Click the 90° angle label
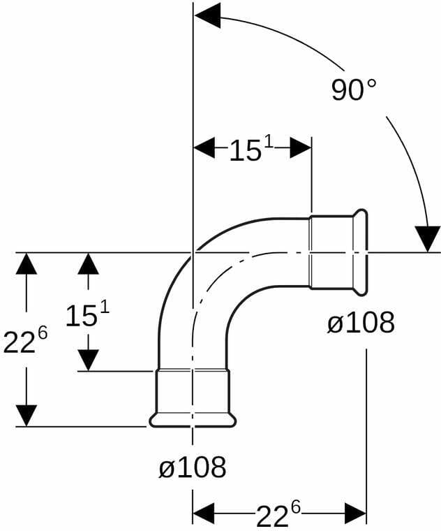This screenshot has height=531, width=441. [x=353, y=89]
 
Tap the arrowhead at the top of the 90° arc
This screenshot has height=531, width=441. [x=207, y=15]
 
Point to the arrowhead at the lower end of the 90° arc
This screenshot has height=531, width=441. [x=428, y=239]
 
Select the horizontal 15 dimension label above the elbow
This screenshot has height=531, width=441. [x=252, y=149]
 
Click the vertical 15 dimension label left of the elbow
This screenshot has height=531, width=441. [x=88, y=315]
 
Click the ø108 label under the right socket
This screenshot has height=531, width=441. [x=361, y=322]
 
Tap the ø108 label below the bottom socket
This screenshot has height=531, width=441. [x=193, y=467]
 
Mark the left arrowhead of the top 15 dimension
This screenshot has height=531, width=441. [x=204, y=147]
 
